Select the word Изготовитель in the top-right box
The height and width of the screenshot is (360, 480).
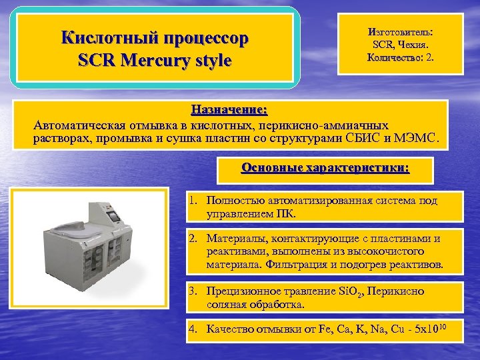(398, 32)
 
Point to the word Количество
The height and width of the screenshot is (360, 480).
(393, 57)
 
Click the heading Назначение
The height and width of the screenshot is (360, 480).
(229, 109)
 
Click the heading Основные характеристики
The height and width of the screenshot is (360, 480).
(325, 168)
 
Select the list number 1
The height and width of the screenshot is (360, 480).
(192, 200)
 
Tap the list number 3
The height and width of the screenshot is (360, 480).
(192, 291)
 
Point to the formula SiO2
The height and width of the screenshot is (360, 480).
(349, 292)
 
